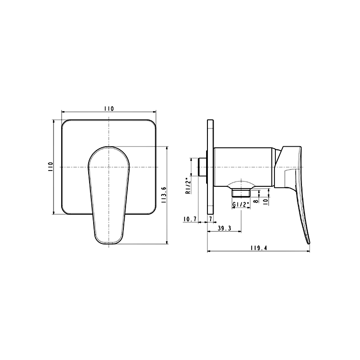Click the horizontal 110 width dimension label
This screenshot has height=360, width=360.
[109, 108]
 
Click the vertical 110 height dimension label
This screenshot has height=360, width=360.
[50, 166]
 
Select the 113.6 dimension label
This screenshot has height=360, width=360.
[164, 195]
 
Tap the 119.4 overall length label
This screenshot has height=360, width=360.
[259, 248]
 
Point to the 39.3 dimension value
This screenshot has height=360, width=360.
[224, 228]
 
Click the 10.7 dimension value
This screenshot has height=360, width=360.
[190, 219]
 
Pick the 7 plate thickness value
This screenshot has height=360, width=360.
[211, 219]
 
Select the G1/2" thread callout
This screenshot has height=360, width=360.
[241, 205]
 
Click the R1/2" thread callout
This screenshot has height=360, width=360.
[188, 186]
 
